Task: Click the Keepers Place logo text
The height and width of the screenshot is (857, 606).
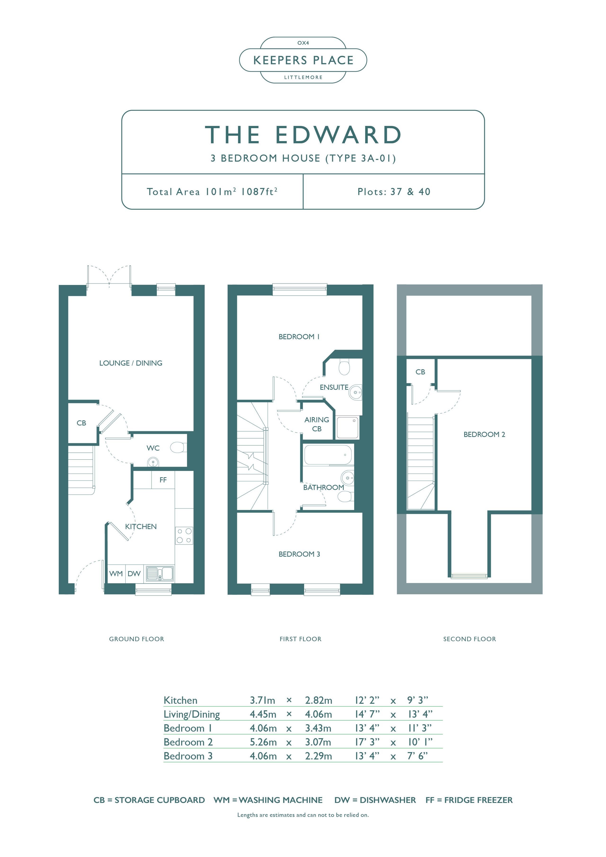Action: point(303,60)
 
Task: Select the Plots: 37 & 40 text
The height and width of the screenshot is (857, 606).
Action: point(394,192)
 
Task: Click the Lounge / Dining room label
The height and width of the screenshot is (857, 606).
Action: point(131,363)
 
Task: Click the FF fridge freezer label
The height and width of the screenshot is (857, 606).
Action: point(163,480)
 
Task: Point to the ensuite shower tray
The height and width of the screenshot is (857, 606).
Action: point(348,428)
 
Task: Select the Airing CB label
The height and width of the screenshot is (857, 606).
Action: point(317,424)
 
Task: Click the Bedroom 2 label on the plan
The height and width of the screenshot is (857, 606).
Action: point(484,435)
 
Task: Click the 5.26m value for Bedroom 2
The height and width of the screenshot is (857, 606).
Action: point(263,742)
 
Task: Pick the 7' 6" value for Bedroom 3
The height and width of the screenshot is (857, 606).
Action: point(417,756)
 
